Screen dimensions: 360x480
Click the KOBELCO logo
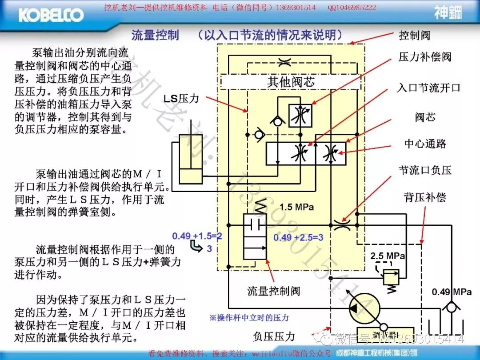(51, 15)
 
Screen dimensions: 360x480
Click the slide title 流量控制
(155, 35)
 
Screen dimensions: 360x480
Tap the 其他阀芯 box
(291, 82)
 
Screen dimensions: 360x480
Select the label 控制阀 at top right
(414, 35)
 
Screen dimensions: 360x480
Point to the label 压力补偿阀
(425, 57)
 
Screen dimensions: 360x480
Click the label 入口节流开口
(428, 88)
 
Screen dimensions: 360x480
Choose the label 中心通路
(425, 144)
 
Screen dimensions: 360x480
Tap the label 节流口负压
(425, 170)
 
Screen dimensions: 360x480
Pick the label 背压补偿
(425, 197)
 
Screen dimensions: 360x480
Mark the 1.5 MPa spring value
(296, 207)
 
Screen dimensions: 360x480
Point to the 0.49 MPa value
(452, 292)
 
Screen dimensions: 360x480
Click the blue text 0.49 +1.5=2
(197, 236)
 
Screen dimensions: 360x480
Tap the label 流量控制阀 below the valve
(274, 291)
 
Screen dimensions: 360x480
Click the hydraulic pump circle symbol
(363, 307)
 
